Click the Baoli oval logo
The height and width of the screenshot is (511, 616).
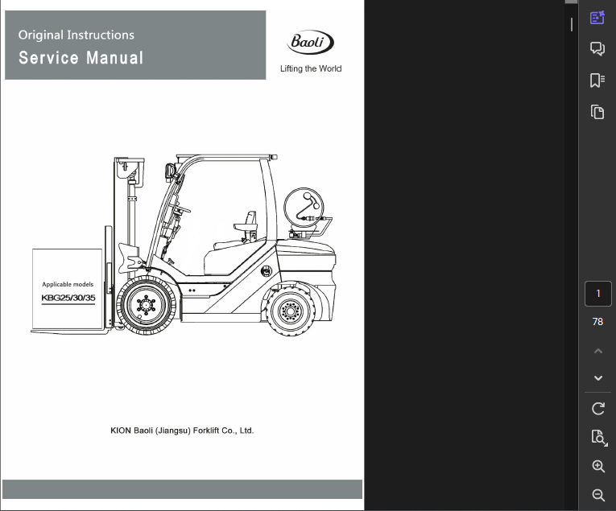tap(310, 43)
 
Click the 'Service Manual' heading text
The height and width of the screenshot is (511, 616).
tap(81, 58)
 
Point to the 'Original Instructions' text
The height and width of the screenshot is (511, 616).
tap(76, 35)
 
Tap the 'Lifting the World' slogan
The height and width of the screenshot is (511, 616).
tap(311, 69)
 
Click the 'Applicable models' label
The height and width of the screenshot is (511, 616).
tap(68, 284)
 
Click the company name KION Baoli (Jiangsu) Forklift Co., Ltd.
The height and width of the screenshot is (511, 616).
tap(182, 431)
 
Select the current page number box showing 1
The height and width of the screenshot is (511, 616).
tap(597, 294)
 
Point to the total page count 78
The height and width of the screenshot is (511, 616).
tap(597, 322)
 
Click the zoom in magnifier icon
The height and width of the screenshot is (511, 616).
tap(597, 467)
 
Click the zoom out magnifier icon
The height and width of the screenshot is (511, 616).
tap(597, 495)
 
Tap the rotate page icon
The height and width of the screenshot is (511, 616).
tap(597, 408)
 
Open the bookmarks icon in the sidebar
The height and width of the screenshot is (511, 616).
tap(597, 80)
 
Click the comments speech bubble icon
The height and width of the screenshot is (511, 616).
tap(597, 49)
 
